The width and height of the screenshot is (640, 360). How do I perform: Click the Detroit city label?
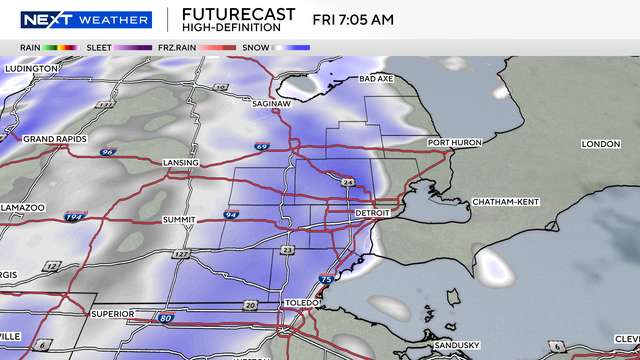point(377,214)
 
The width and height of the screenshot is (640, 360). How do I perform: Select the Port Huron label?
point(456,143)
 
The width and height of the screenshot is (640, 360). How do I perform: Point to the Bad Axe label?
point(376,79)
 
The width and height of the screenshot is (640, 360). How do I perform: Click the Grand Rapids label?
point(55,138)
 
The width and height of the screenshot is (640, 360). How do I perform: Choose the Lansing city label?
point(181,162)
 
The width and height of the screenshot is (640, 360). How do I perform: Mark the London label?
point(600,144)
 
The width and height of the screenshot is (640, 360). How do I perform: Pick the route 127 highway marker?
point(182,255)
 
